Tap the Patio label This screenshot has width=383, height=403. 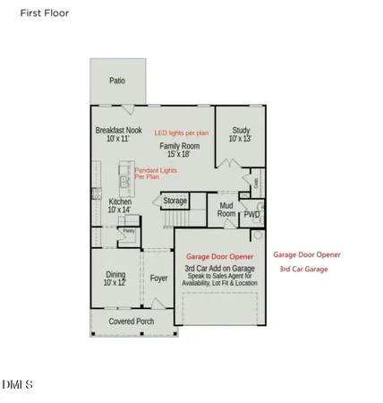pyautogui.click(x=117, y=81)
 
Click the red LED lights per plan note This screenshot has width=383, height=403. pyautogui.click(x=181, y=132)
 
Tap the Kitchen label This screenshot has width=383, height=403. pyautogui.click(x=120, y=202)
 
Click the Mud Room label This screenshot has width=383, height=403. pyautogui.click(x=226, y=210)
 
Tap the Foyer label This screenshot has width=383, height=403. pyautogui.click(x=158, y=278)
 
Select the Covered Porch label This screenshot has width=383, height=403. pyautogui.click(x=132, y=321)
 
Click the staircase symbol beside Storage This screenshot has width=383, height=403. pyautogui.click(x=176, y=219)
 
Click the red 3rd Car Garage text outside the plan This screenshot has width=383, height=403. pyautogui.click(x=304, y=269)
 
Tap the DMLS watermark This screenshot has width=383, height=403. pyautogui.click(x=17, y=386)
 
